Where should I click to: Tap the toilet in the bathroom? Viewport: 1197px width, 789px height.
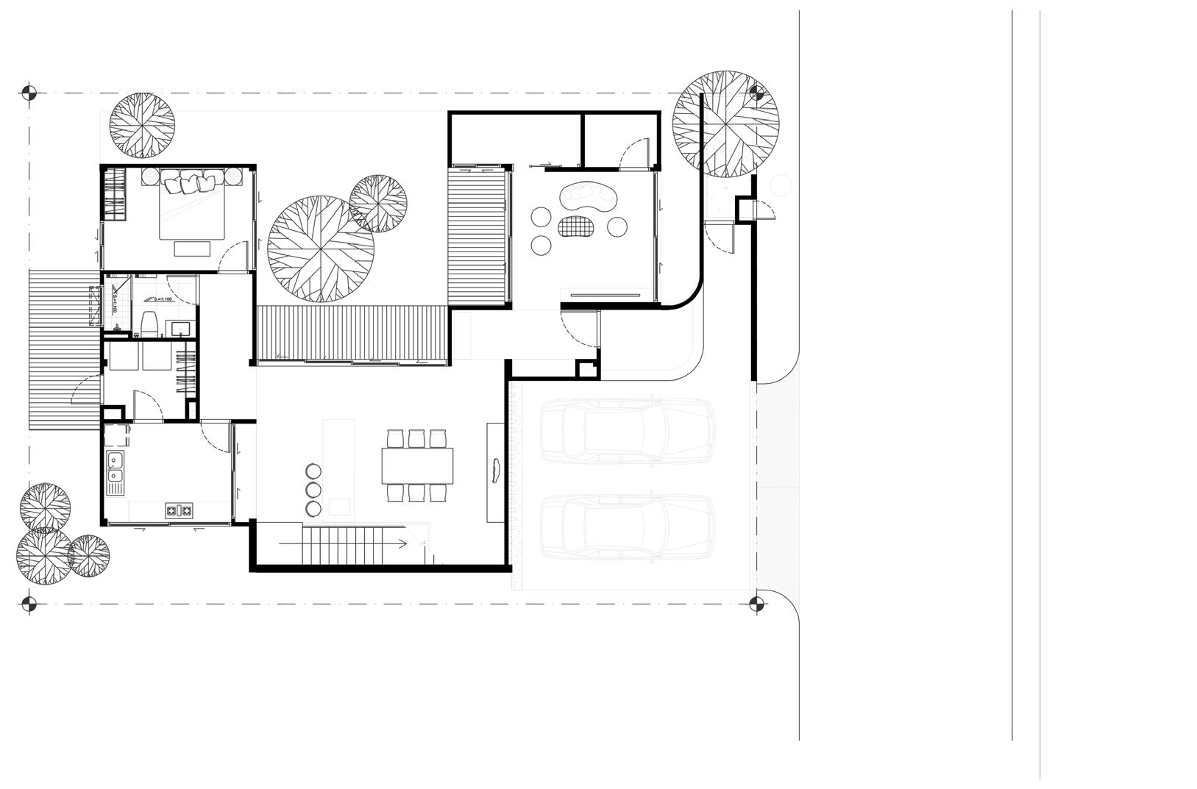point(149,322)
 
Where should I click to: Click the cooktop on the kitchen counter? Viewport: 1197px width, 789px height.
point(179,509)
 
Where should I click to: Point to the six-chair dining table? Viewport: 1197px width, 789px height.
point(416,465)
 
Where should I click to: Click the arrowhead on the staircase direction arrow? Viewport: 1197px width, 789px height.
point(402,544)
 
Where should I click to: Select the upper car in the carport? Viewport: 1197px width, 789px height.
point(627,432)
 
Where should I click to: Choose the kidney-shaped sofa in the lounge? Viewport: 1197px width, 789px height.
point(589,196)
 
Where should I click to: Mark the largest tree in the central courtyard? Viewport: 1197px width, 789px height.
point(320,249)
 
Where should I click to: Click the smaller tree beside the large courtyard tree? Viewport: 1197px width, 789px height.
point(378,204)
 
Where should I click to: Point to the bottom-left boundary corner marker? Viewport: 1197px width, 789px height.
point(28,604)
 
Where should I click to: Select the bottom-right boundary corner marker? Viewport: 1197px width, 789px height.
point(756,604)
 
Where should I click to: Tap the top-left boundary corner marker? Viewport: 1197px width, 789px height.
point(28,93)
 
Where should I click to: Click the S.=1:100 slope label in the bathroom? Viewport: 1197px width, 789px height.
point(159,300)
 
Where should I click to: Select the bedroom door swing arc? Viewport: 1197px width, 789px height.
point(234,257)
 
